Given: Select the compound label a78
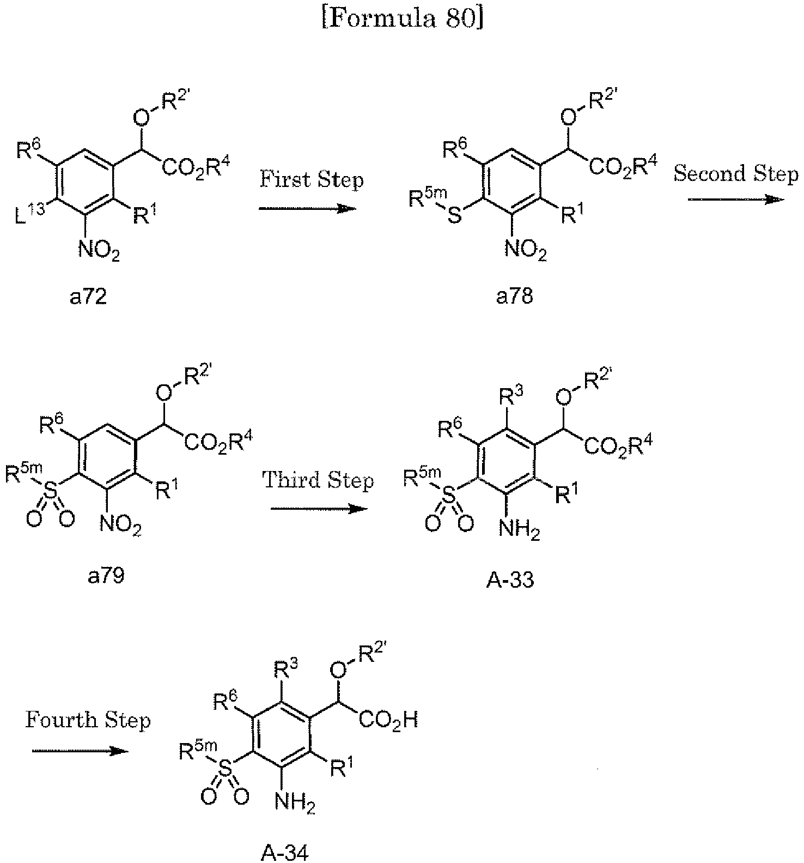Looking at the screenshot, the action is (515, 297).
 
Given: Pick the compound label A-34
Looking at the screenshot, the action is (284, 853).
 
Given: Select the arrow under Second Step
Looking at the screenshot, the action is (735, 200).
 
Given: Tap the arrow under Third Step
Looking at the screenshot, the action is (319, 509).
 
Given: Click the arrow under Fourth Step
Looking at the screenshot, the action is (80, 751).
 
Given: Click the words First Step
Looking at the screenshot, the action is (311, 179).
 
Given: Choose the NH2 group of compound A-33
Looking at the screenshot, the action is (519, 529).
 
